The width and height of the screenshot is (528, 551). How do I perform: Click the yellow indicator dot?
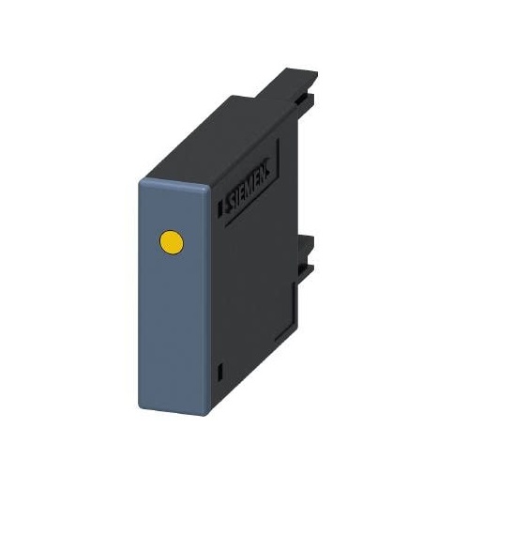click(x=172, y=242)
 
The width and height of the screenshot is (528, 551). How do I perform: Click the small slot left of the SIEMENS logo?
click(x=220, y=208)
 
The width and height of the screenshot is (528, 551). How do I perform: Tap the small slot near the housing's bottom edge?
click(x=220, y=372)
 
